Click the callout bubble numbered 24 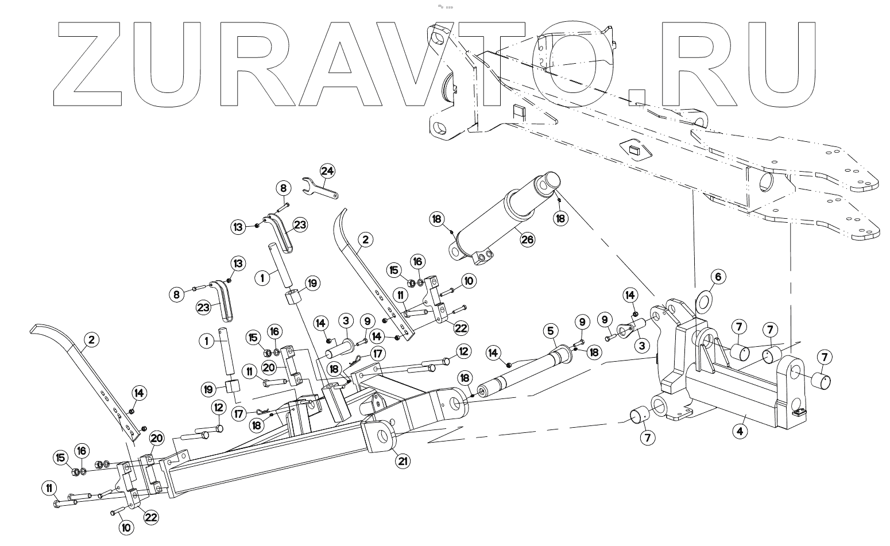(327, 171)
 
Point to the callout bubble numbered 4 (741, 431)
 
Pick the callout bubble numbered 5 (550, 331)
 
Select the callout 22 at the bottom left (150, 517)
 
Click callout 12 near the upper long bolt (463, 350)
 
